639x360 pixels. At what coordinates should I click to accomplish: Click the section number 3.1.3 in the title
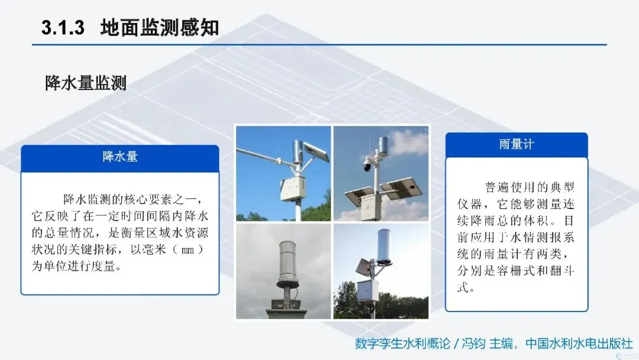[63, 28]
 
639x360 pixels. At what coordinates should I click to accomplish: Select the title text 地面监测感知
[159, 28]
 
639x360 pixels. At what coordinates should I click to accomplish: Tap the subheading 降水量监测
[86, 83]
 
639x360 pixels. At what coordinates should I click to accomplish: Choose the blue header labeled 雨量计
[517, 145]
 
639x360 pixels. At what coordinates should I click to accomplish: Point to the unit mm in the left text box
[187, 250]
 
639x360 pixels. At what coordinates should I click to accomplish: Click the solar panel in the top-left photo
[317, 152]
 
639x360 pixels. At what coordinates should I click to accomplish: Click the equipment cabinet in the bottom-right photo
[367, 291]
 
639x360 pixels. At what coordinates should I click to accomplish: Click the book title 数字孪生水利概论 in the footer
[402, 343]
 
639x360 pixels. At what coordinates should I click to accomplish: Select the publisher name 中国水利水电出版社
[579, 343]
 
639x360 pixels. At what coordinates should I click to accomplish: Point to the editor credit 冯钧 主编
[487, 343]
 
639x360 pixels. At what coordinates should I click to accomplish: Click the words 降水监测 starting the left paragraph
[87, 200]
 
